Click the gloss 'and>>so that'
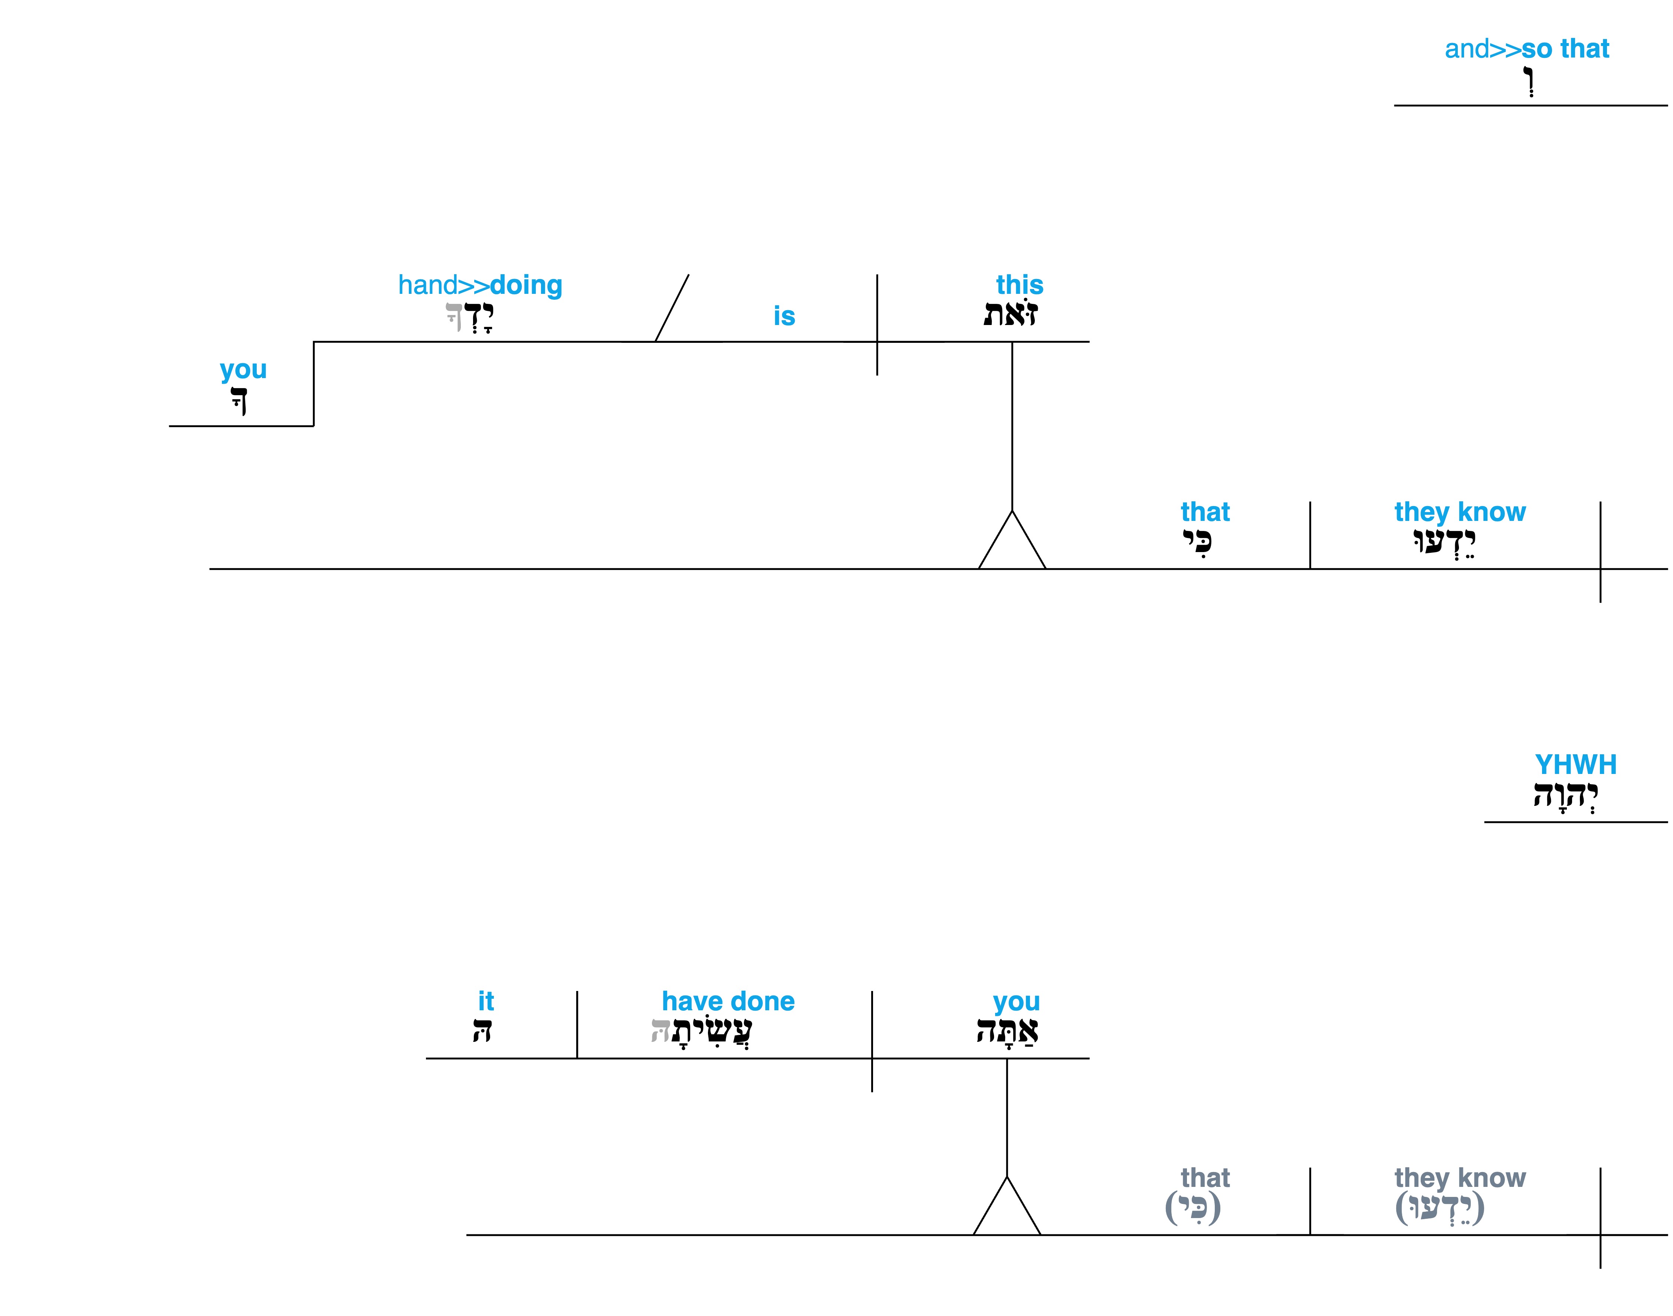[x=1526, y=49]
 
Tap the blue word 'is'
[x=784, y=316]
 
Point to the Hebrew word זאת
[x=1011, y=314]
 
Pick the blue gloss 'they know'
[x=1460, y=512]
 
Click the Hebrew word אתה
[x=1007, y=1030]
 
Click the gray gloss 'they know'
[x=1460, y=1178]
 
